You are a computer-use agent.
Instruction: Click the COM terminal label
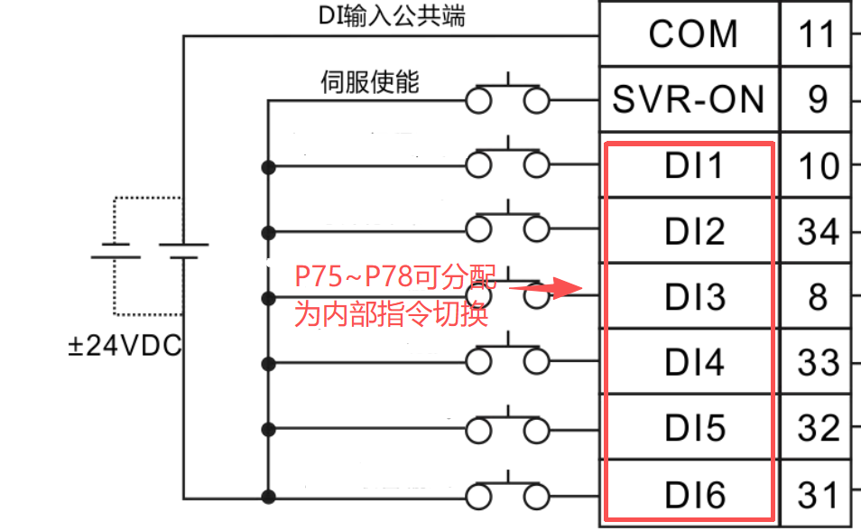click(693, 34)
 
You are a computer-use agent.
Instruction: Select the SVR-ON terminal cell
click(690, 99)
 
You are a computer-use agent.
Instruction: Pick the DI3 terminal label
click(695, 297)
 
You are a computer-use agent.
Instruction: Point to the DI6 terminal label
click(695, 495)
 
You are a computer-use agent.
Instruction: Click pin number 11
click(817, 34)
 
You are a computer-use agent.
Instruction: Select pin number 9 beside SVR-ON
click(818, 99)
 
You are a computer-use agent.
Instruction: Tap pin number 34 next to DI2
click(819, 231)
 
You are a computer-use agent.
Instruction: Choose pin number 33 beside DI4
click(819, 363)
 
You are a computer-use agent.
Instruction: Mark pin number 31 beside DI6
click(818, 495)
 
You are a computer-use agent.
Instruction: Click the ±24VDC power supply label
click(125, 346)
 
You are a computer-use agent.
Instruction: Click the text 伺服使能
click(370, 82)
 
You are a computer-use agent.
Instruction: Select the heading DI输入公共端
click(392, 15)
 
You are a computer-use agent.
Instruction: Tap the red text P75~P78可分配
click(395, 276)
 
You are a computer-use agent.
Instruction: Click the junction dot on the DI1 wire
click(269, 167)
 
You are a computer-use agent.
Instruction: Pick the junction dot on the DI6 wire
click(269, 498)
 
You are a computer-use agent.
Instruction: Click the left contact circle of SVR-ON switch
click(478, 101)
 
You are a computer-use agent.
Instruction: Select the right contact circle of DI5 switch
click(536, 431)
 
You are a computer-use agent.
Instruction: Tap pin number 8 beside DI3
click(818, 297)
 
